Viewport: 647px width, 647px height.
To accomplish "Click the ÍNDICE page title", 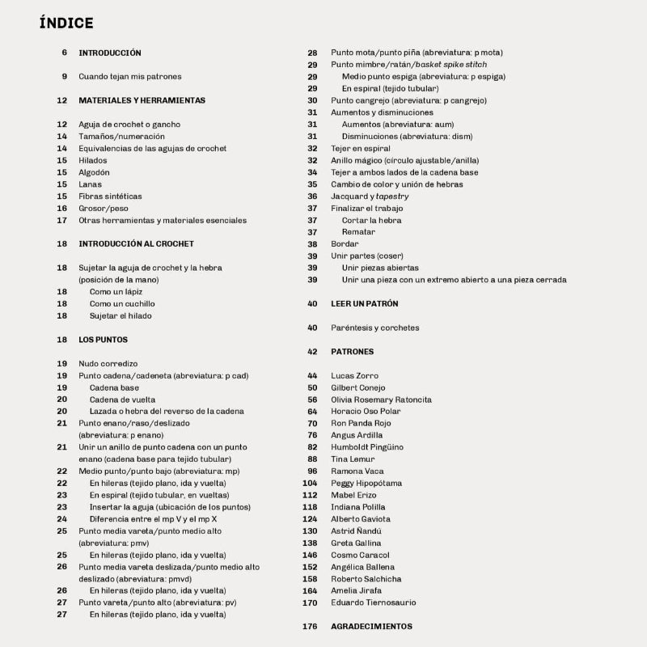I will click(x=66, y=23).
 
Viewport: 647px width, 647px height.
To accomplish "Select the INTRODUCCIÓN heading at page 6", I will click(x=110, y=53).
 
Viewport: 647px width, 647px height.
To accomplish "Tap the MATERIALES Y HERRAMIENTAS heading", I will click(x=142, y=100).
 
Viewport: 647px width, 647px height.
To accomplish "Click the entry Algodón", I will click(x=94, y=172).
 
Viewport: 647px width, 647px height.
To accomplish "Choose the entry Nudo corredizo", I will click(x=108, y=364).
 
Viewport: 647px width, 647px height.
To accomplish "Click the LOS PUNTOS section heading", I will click(x=103, y=340).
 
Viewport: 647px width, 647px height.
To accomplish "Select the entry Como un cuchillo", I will click(x=122, y=304).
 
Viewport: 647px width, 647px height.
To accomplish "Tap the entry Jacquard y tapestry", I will click(x=370, y=196).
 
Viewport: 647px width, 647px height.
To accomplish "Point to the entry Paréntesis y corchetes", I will click(x=375, y=328).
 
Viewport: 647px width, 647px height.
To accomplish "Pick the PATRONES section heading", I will click(x=353, y=352).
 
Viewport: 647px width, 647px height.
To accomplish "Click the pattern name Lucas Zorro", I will click(x=354, y=376).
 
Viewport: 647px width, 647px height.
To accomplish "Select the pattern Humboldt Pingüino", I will click(x=367, y=447).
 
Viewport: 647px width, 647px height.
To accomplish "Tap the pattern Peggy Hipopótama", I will click(x=366, y=483).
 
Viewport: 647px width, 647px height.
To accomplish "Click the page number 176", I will click(x=310, y=627).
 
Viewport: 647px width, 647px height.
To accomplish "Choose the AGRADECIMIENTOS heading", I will click(x=371, y=627).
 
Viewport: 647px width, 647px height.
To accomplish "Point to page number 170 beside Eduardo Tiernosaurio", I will click(x=310, y=603).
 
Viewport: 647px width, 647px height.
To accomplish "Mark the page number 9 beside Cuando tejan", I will click(x=64, y=77).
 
